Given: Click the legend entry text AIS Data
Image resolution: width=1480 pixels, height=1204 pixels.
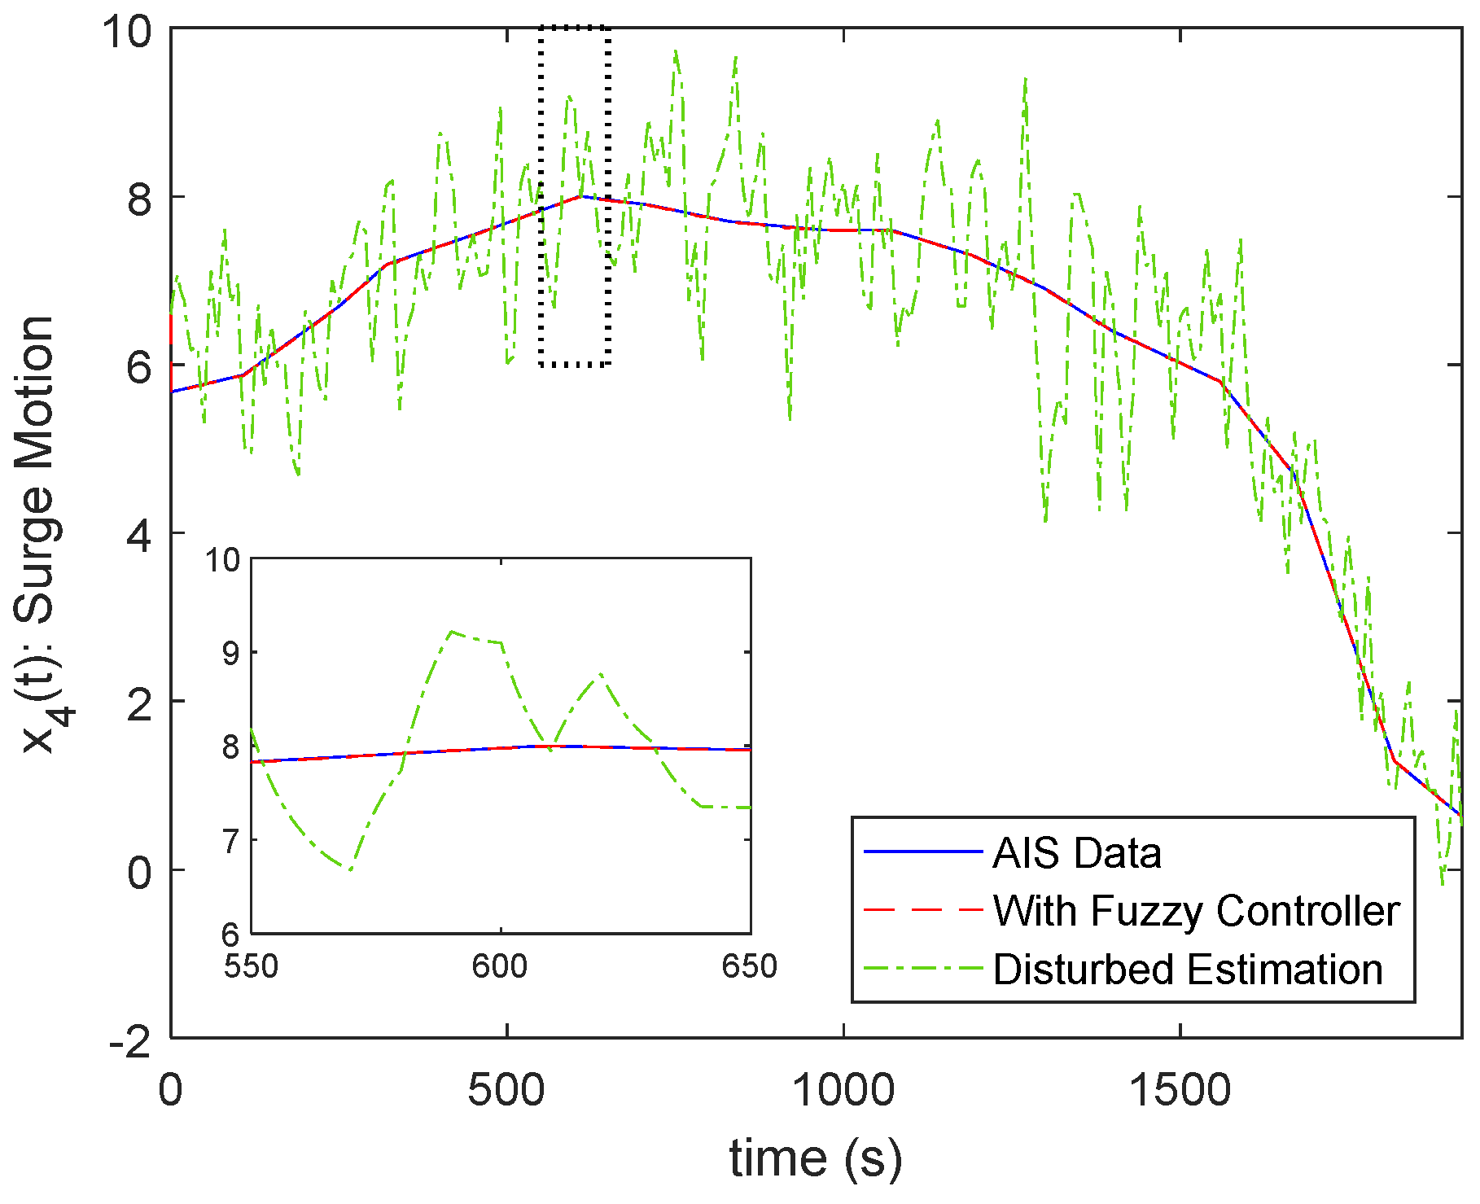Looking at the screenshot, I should [1076, 853].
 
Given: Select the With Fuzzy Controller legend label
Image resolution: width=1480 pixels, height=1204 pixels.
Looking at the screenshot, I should [1196, 911].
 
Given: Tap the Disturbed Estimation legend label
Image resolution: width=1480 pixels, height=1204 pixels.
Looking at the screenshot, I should [1188, 970].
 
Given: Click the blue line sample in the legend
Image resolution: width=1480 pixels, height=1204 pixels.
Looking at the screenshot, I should [923, 852].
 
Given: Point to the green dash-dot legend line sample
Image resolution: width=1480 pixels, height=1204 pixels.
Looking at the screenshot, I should [923, 969].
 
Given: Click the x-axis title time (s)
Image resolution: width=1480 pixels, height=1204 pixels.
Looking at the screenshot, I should [816, 1158].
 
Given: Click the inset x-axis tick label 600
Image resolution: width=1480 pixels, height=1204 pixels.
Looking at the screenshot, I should [500, 966].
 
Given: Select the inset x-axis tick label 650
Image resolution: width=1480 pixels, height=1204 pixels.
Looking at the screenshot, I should [749, 966].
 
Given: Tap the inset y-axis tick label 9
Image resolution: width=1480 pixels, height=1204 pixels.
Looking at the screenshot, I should [231, 653].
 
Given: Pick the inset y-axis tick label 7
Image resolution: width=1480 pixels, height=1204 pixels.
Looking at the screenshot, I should [231, 840].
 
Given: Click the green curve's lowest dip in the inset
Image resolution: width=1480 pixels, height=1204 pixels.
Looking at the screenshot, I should [350, 870].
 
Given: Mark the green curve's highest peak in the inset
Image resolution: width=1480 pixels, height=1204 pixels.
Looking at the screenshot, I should [452, 631].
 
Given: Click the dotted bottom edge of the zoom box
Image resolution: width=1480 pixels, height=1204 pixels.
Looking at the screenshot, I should [574, 365].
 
